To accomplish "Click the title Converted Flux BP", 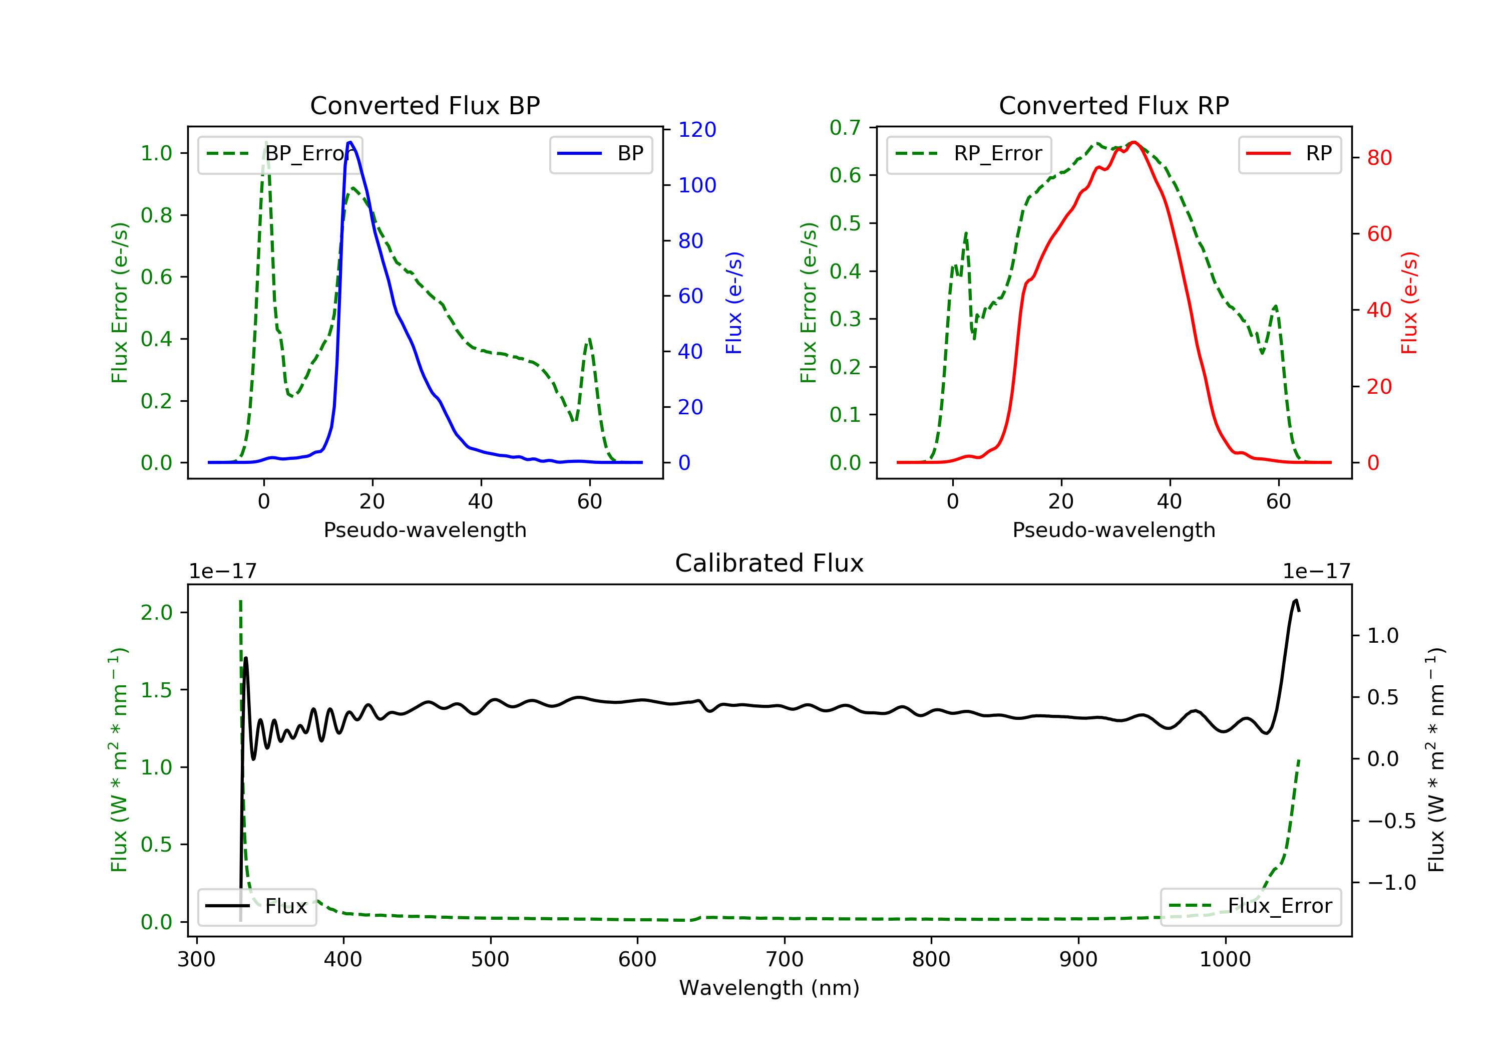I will (x=425, y=105).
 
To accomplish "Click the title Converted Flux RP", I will (x=1113, y=105).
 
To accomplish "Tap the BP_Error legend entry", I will (x=280, y=154).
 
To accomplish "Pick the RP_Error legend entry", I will (x=969, y=154).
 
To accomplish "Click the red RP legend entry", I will (x=1289, y=154).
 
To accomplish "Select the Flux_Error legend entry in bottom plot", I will (x=1251, y=906).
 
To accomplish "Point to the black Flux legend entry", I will (x=257, y=906).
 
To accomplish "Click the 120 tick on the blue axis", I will (x=697, y=130).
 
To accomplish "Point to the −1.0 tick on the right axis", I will (x=1391, y=883).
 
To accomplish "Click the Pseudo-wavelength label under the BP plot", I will (x=425, y=530).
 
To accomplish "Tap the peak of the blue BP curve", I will (x=350, y=142).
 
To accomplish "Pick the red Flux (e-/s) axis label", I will (x=1409, y=303).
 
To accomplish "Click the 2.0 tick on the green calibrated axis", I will (x=156, y=613).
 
